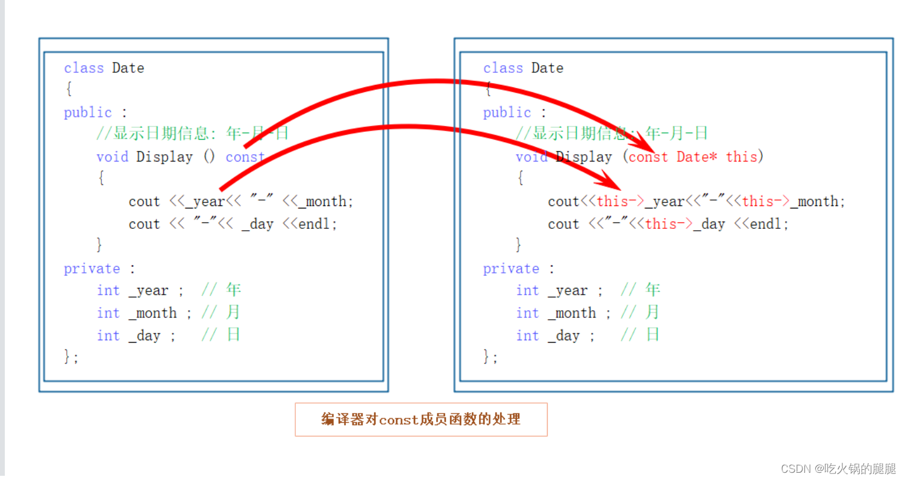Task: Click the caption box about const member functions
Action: tap(421, 419)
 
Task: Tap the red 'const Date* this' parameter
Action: tap(692, 157)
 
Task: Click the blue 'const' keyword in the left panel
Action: tap(245, 157)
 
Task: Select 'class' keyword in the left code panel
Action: tap(84, 68)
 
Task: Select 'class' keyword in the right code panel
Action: tap(503, 68)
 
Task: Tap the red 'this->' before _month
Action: tap(766, 201)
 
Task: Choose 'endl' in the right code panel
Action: tap(769, 224)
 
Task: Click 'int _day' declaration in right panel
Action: tap(555, 335)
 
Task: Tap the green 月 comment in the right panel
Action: tap(653, 313)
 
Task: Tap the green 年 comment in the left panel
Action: tap(234, 290)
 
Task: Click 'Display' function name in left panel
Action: tap(164, 157)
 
